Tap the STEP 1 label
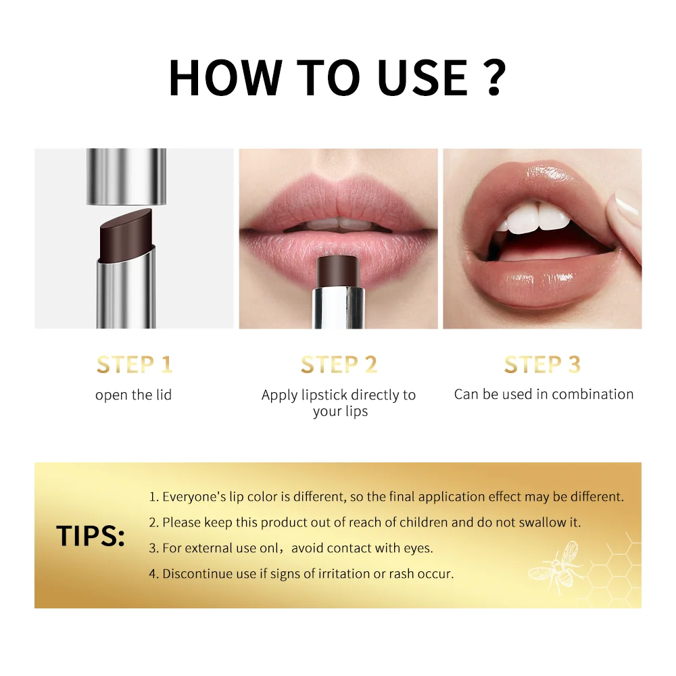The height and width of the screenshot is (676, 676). tap(135, 365)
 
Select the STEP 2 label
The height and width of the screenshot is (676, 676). tap(339, 365)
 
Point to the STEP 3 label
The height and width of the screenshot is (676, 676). tap(542, 365)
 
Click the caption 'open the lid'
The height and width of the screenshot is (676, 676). tap(134, 395)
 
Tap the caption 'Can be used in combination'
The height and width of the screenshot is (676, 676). tap(544, 394)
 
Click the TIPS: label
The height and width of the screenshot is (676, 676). tap(91, 535)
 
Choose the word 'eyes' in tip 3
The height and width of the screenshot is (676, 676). tap(418, 548)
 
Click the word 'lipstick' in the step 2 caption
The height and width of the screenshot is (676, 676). tap(328, 395)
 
